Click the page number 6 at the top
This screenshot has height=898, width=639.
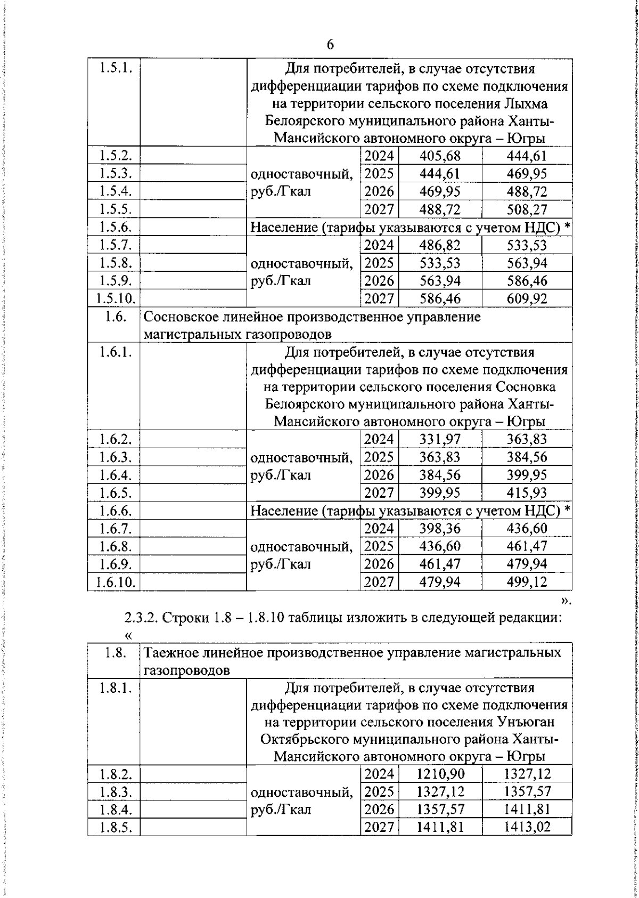[x=330, y=45]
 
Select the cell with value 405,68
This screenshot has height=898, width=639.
[x=440, y=156]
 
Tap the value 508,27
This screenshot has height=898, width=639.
[x=527, y=209]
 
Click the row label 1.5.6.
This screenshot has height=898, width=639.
[x=115, y=227]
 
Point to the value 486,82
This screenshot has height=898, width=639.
[x=440, y=245]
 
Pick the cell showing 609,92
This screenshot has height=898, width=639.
[x=527, y=298]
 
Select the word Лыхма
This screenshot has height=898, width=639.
[x=527, y=103]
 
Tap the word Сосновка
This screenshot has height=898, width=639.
[x=526, y=387]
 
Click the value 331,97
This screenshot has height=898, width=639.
[x=440, y=440]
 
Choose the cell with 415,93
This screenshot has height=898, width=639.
[x=527, y=492]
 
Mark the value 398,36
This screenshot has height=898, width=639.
[x=440, y=529]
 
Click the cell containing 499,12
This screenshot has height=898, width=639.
[x=527, y=582]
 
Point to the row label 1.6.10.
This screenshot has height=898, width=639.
[x=115, y=582]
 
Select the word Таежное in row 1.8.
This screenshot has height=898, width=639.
[x=171, y=653]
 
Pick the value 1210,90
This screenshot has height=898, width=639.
[x=440, y=774]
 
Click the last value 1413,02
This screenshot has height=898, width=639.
[x=527, y=827]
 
